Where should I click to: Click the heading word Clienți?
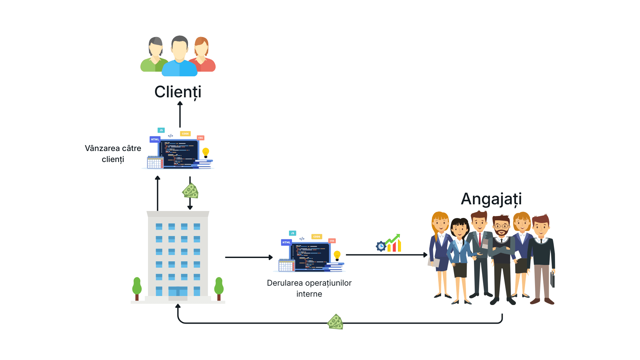point(178,92)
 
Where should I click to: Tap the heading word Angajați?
point(491,199)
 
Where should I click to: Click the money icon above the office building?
point(190,191)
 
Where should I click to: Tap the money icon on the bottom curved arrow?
point(335,322)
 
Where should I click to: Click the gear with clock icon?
point(381,246)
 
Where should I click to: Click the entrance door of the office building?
point(178,291)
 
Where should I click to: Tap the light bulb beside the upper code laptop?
point(206,153)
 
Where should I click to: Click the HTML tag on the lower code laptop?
point(286,242)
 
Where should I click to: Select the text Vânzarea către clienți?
point(113,154)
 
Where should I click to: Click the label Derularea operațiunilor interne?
point(309,288)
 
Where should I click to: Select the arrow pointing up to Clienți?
point(180,114)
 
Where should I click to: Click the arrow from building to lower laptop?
point(249,257)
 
